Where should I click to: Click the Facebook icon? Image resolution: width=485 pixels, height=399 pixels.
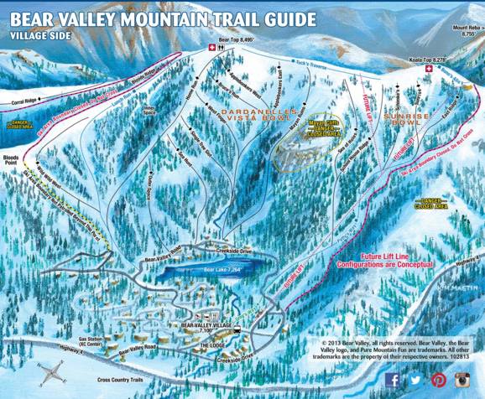393,380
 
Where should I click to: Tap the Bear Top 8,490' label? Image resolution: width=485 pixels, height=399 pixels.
234,39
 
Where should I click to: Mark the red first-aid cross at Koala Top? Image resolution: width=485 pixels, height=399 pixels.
429,70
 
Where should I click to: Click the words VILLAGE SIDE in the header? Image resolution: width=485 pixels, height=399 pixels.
39,37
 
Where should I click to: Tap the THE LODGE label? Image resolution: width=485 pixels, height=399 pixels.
213,344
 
